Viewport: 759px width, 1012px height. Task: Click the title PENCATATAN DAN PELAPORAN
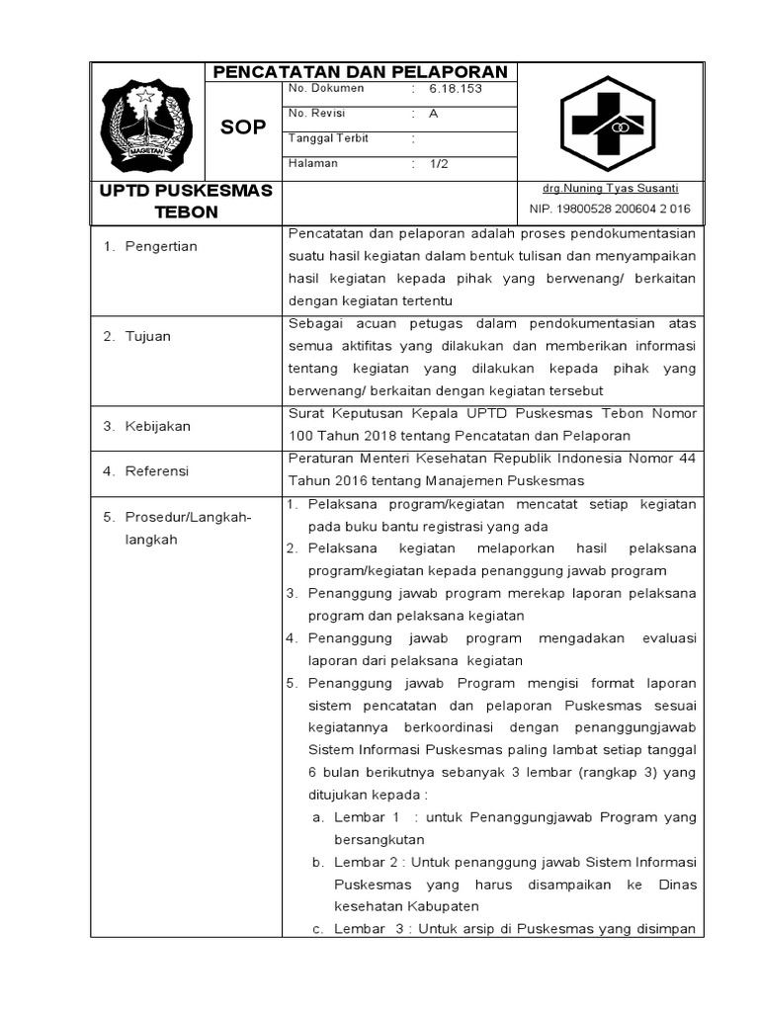tap(361, 72)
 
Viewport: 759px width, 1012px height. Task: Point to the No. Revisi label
tap(313, 114)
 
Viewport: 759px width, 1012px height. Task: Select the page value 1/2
tap(439, 164)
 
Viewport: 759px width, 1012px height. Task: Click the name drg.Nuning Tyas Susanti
tap(610, 188)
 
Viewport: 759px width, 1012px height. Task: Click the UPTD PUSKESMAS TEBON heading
tap(184, 201)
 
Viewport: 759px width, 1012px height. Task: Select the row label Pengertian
tap(161, 246)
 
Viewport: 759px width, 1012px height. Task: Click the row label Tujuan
tap(148, 336)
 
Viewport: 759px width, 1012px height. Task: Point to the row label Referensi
tap(157, 471)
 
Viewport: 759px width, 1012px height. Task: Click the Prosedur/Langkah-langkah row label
tap(188, 528)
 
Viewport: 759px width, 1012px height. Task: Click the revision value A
tap(434, 114)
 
